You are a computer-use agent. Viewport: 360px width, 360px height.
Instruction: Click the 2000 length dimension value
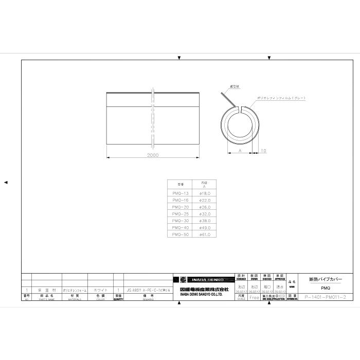153,155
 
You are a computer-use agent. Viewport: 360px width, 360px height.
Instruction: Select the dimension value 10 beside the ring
263,151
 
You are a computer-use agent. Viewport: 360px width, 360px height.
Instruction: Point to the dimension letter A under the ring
240,151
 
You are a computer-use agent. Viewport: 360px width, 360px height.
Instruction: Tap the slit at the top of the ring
241,108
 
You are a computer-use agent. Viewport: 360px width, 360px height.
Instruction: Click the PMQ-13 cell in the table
180,193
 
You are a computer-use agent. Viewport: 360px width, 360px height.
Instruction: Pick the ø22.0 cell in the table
205,200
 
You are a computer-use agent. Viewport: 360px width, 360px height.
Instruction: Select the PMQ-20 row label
180,207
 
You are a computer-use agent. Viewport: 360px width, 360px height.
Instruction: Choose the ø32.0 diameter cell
205,213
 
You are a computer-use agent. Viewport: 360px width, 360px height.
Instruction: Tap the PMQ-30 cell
180,220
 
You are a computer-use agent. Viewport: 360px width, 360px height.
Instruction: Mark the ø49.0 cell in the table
205,227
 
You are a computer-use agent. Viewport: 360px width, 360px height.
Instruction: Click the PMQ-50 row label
180,234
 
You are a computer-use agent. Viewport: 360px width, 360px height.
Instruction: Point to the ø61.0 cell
205,234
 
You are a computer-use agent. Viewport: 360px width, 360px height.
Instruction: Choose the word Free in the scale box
254,297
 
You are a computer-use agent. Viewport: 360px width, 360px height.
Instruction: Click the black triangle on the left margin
6,182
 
